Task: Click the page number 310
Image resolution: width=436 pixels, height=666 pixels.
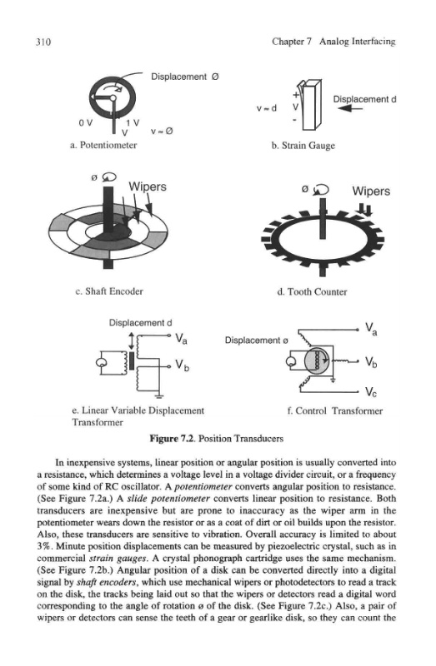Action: point(43,42)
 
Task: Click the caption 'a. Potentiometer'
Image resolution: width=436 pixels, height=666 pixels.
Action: point(103,145)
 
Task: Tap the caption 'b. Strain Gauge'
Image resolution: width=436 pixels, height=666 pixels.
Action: point(303,146)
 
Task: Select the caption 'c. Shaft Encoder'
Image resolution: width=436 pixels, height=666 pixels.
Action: point(109,291)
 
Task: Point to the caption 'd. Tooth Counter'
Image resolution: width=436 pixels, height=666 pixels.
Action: point(312,292)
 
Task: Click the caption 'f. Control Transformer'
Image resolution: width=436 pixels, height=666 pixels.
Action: point(335,410)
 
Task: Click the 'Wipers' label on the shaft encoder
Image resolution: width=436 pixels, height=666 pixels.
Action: point(148,186)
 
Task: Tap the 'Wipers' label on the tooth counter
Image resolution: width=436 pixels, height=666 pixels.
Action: point(371,191)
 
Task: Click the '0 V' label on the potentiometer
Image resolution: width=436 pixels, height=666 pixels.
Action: point(85,122)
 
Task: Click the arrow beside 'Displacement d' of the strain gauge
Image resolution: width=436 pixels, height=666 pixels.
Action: point(351,109)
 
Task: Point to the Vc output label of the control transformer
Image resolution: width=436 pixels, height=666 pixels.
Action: point(371,391)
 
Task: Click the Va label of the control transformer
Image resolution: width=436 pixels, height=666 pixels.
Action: point(371,328)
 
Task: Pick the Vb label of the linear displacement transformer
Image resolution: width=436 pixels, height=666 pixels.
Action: point(183,365)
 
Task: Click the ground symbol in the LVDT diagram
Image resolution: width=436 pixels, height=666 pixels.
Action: point(159,397)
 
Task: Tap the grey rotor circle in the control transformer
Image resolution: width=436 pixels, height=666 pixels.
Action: point(318,360)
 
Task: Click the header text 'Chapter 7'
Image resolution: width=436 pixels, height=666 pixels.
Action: point(293,42)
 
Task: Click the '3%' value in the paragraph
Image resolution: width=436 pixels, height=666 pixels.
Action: point(45,546)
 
